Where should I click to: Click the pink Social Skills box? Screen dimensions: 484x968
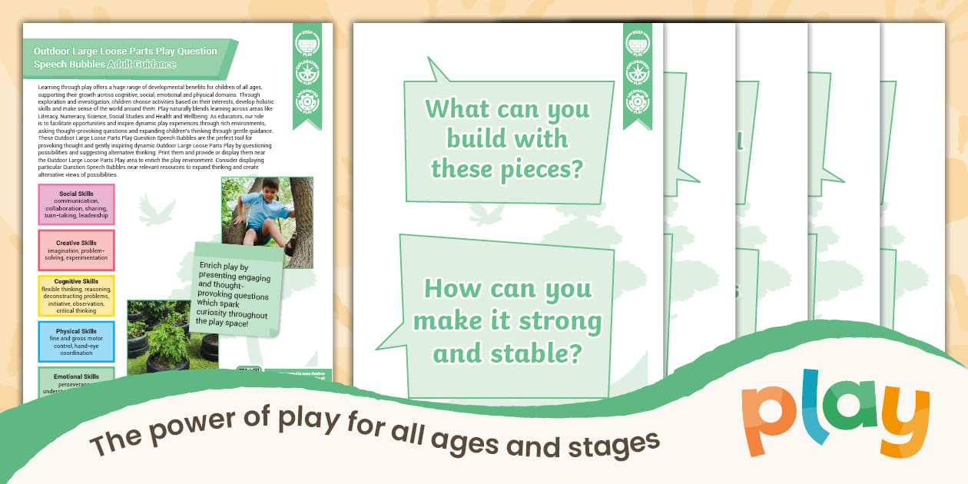(x=76, y=204)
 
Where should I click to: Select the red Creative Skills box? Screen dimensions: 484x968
(x=76, y=250)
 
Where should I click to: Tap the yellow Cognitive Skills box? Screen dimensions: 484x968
(x=76, y=296)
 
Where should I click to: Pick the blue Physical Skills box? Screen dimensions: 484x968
(x=76, y=342)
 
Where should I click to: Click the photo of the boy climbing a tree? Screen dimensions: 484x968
(x=267, y=222)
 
